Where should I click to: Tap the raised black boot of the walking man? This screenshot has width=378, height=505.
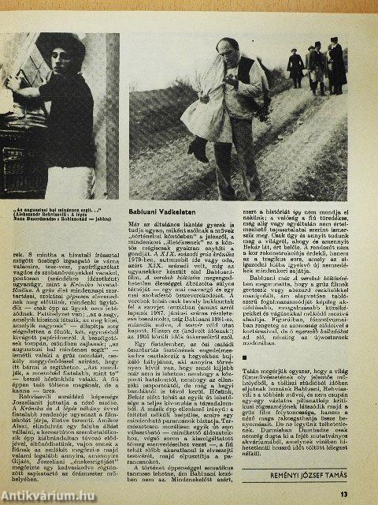point(198,149)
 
